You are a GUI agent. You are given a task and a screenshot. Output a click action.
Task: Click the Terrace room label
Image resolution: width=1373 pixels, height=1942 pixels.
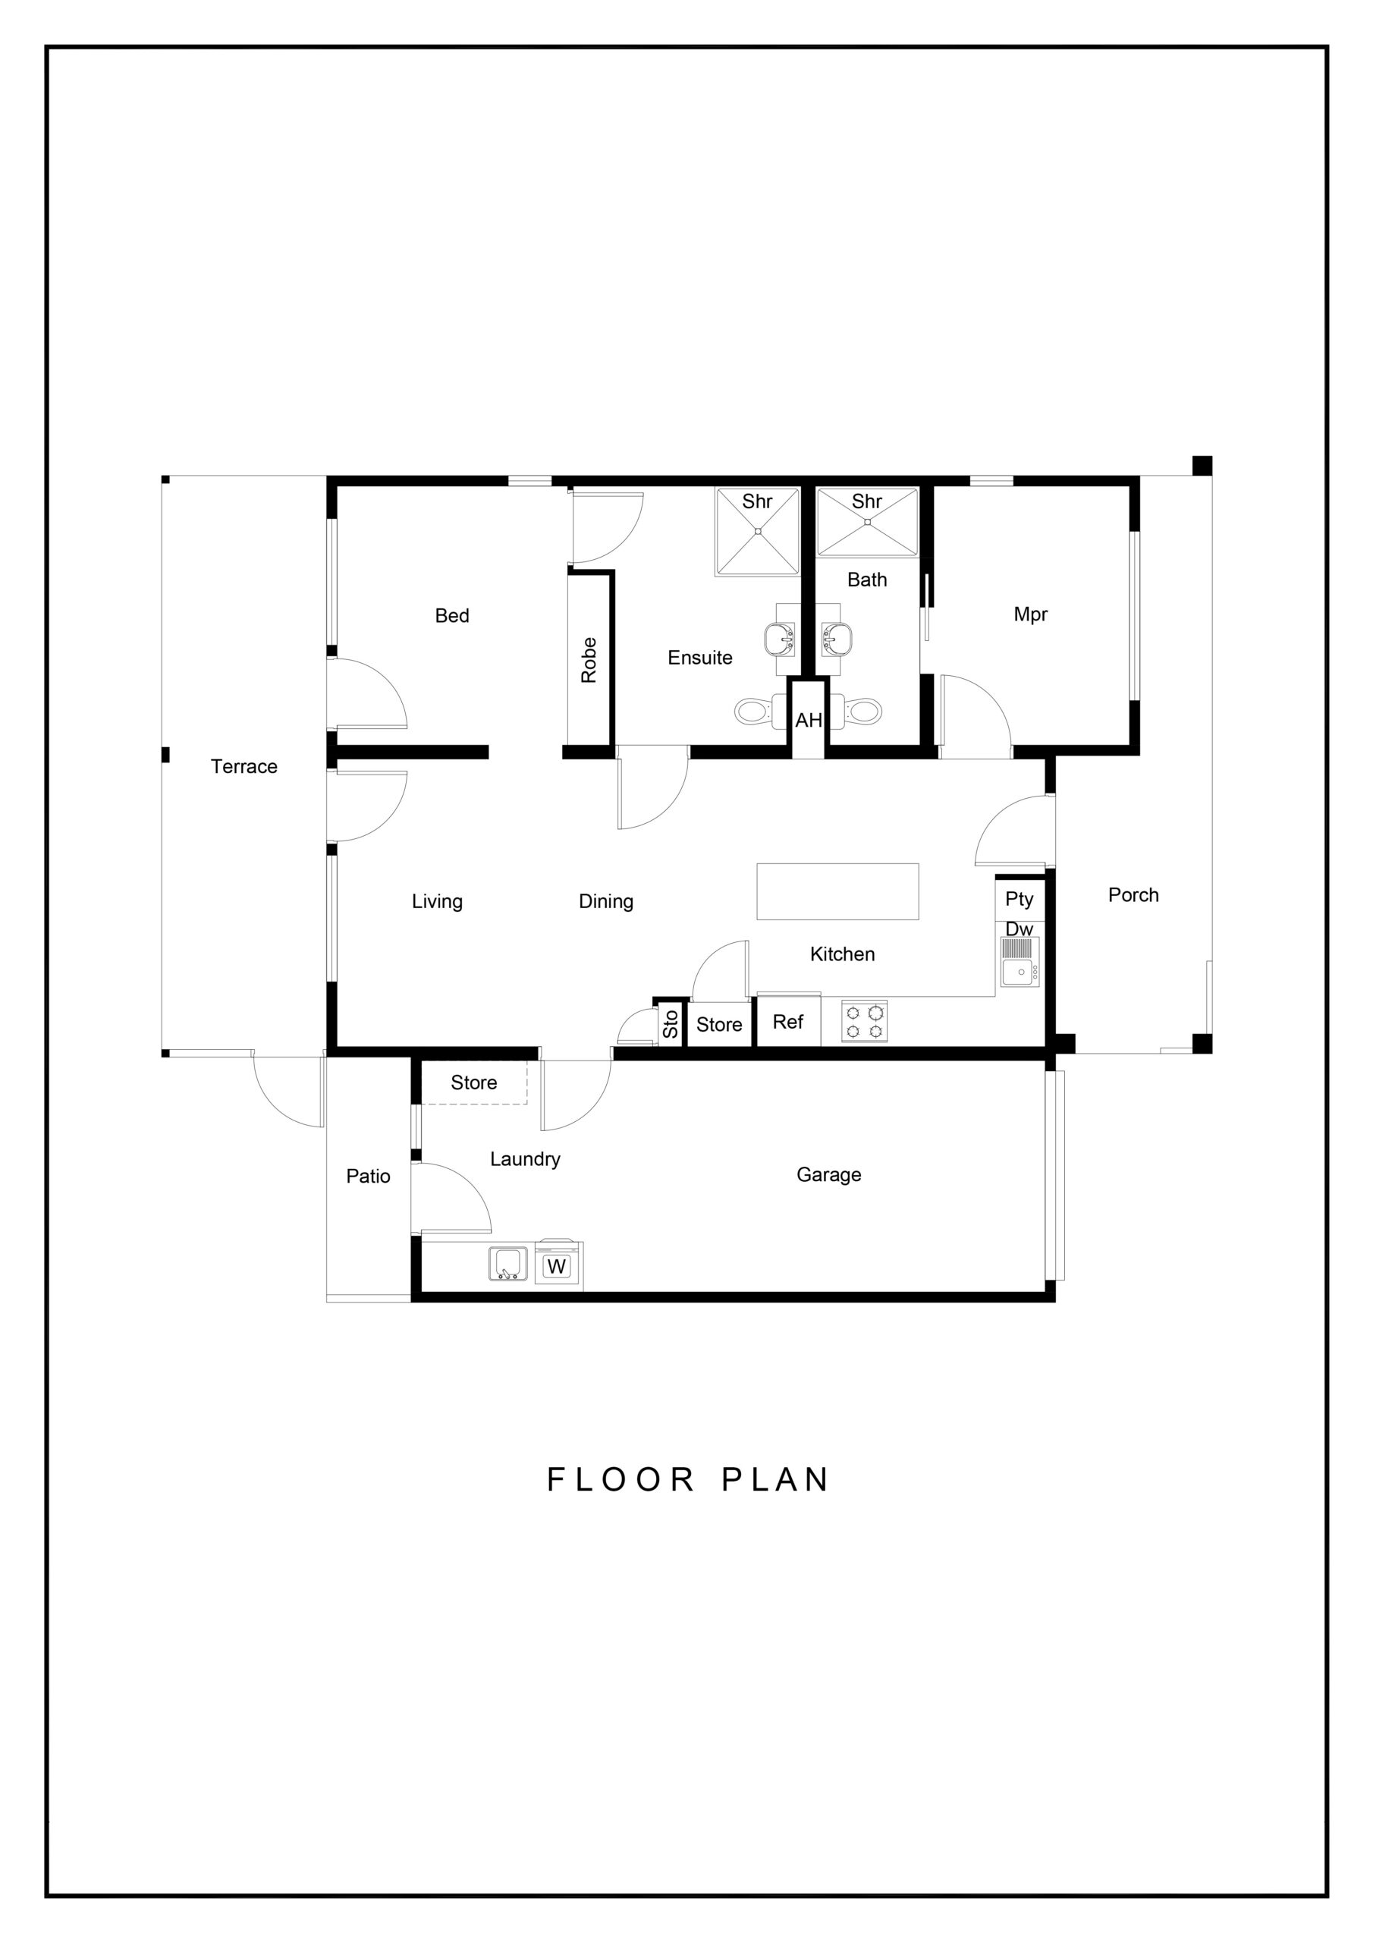tap(243, 766)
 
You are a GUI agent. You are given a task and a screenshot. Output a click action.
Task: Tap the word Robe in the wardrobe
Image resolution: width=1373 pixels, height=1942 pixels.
tap(589, 660)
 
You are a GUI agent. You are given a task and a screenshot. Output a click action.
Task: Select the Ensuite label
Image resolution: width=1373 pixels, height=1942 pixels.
tap(699, 657)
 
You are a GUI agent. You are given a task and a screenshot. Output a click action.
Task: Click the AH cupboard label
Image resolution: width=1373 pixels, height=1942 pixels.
tap(808, 720)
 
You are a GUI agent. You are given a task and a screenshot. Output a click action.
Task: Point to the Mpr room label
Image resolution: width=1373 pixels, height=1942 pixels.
tap(1030, 614)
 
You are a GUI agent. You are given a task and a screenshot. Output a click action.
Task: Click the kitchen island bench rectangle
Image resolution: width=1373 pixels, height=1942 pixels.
tap(837, 891)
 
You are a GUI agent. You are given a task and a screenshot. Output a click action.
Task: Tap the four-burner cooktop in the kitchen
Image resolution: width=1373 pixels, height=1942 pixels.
tap(865, 1020)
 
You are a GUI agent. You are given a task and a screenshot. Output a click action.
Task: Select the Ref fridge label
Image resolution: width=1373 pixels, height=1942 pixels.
tap(787, 1022)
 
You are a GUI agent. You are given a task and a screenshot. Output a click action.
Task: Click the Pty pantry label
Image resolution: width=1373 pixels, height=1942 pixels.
tap(1020, 899)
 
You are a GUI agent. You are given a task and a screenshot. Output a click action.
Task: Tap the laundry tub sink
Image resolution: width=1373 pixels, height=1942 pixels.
tap(508, 1264)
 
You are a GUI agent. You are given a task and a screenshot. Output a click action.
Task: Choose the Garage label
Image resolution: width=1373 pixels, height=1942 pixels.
tap(829, 1174)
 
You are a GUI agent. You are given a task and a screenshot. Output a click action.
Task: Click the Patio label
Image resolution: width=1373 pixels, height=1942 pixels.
tap(368, 1176)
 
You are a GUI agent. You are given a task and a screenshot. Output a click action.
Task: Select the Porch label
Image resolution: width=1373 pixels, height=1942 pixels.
tap(1133, 895)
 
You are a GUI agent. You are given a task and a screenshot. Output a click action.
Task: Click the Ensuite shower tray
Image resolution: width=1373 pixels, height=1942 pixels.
tap(758, 532)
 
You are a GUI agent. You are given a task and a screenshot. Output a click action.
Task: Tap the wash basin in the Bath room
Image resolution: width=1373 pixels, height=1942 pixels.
tap(837, 638)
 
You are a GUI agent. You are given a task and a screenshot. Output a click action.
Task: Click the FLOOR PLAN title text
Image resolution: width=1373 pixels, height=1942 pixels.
tap(688, 1479)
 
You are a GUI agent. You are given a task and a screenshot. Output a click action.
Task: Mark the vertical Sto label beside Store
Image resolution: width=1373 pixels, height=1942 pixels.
tap(671, 1024)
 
